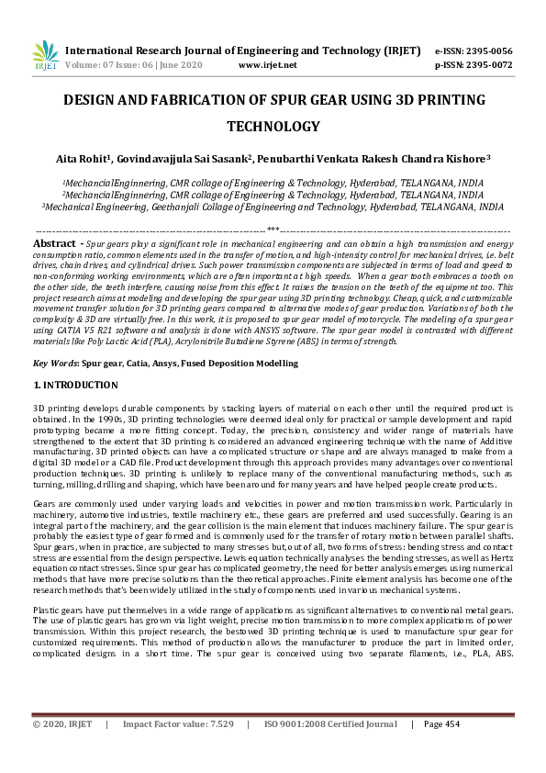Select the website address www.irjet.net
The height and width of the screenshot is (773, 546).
pyautogui.click(x=267, y=65)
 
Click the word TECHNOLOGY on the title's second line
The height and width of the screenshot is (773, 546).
pyautogui.click(x=273, y=127)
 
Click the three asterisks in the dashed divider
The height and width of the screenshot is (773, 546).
pyautogui.click(x=273, y=230)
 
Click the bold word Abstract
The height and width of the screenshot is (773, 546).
pyautogui.click(x=54, y=243)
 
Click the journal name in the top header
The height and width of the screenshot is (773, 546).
pyautogui.click(x=243, y=50)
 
